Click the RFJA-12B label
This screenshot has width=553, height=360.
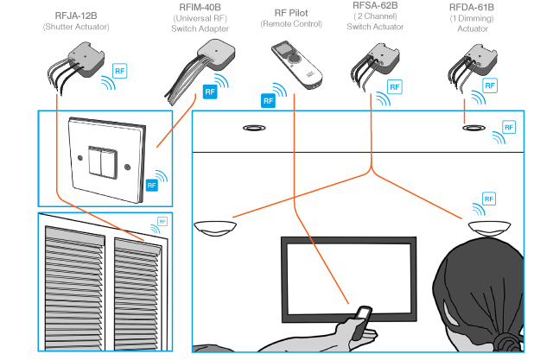(x=75, y=16)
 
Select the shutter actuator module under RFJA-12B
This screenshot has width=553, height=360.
(x=84, y=63)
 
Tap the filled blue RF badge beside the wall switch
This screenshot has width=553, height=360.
(x=151, y=185)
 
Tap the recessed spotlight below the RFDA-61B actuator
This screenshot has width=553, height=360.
(x=473, y=128)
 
